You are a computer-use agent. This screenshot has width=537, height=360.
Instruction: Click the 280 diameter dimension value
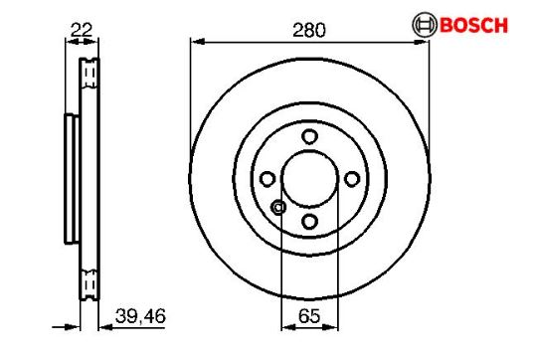[309, 30]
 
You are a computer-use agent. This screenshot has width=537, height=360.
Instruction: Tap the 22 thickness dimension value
[82, 30]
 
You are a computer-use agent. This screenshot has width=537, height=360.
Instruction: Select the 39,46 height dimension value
[140, 316]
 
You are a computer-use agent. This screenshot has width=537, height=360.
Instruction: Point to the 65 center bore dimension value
[309, 316]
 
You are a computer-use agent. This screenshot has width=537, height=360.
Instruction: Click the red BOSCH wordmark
[473, 25]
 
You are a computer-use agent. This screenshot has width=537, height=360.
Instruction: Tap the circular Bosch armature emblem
[425, 25]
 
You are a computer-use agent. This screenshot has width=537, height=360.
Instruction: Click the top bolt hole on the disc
[309, 136]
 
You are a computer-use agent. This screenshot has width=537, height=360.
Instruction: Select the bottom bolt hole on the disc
[309, 222]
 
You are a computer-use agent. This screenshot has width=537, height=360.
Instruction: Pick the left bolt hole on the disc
[268, 179]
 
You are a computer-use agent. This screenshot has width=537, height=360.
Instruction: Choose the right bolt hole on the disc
[352, 179]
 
